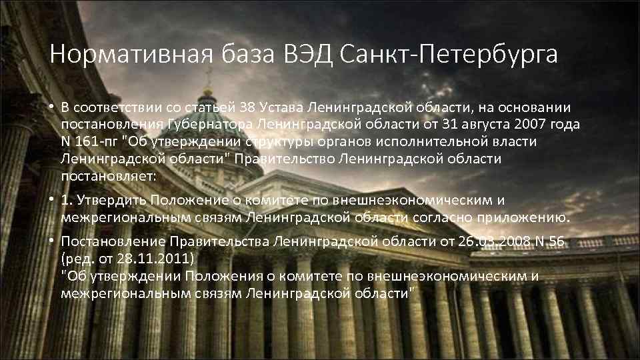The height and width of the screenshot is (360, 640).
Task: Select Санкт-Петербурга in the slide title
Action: tap(449, 55)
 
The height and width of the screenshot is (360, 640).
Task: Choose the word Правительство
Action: tap(291, 159)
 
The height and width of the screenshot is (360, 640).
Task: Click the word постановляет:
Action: tap(108, 176)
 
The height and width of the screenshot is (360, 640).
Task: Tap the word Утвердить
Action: tap(112, 201)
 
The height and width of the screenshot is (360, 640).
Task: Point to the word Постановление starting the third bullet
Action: tap(113, 241)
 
